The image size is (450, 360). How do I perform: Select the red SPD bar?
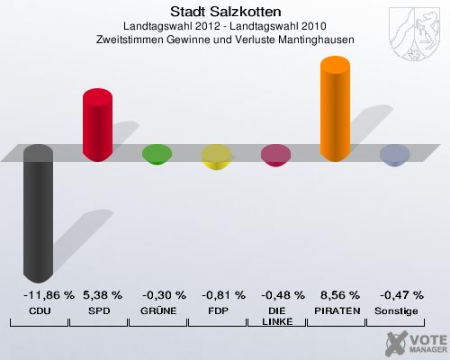pyautogui.click(x=97, y=123)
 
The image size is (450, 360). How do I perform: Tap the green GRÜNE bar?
pyautogui.click(x=157, y=156)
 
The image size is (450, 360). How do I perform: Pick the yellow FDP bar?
pyautogui.click(x=216, y=158)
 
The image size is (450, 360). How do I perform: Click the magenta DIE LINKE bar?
pyautogui.click(x=275, y=157)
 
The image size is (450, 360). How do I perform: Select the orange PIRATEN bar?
pyautogui.click(x=335, y=109)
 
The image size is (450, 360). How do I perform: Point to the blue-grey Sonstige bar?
pyautogui.click(x=394, y=156)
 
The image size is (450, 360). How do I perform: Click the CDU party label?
pyautogui.click(x=39, y=310)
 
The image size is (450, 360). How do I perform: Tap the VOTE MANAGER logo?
pyautogui.click(x=415, y=342)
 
